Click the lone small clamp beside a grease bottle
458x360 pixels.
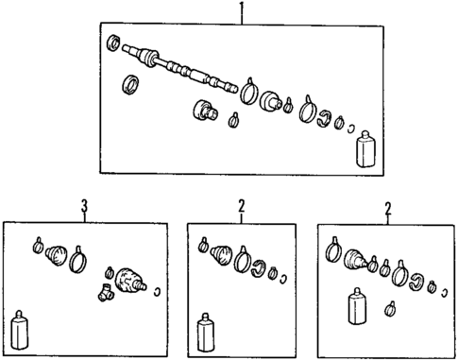pos(388,306)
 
